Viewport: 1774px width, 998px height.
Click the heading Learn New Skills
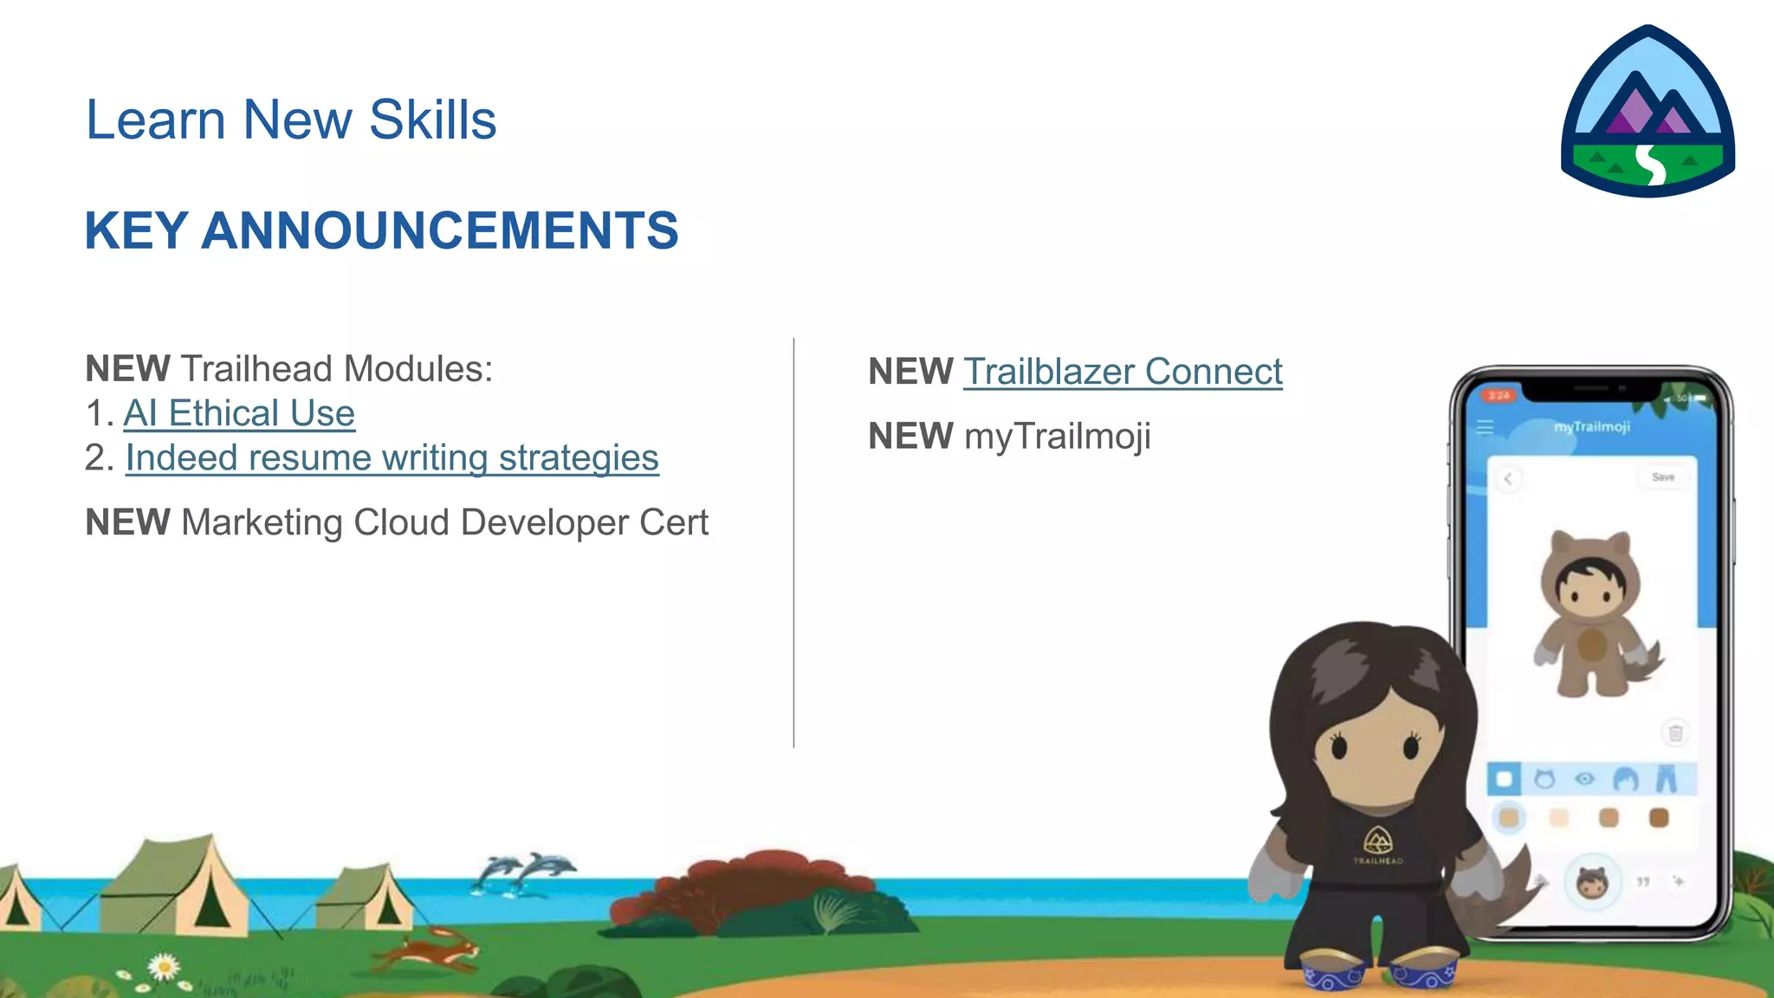(291, 120)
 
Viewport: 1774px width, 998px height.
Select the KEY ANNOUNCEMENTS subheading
(381, 230)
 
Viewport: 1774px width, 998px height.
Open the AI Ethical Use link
(239, 413)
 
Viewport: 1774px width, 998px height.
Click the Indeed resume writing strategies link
(392, 457)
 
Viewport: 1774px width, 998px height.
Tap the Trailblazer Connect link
(1123, 372)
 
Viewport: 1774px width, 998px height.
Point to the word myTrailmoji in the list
(1058, 436)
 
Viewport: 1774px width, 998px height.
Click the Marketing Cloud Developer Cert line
(397, 522)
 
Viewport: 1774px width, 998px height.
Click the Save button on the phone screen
(1662, 477)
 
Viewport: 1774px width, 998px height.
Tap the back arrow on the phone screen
(1508, 479)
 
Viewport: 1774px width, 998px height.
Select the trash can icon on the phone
(1675, 733)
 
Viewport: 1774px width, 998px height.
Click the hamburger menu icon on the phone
(1485, 427)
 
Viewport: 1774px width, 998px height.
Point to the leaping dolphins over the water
(525, 871)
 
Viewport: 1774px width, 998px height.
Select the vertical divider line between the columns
(793, 542)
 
